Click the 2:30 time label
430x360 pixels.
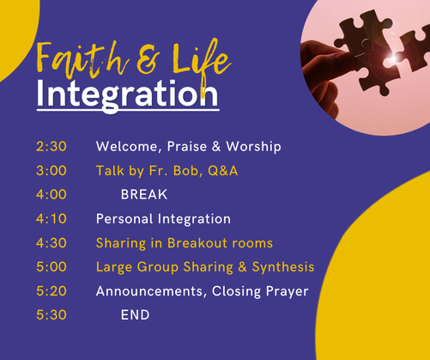51,146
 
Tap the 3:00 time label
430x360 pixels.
51,171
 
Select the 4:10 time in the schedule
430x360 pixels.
51,219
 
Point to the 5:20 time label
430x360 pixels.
51,291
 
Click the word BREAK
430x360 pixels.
144,195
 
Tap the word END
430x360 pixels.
136,315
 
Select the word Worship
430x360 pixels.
254,147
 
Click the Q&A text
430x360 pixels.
223,171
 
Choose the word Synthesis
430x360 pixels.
283,267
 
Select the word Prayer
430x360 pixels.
288,291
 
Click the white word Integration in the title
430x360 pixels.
128,94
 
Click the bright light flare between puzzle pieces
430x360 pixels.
394,58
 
